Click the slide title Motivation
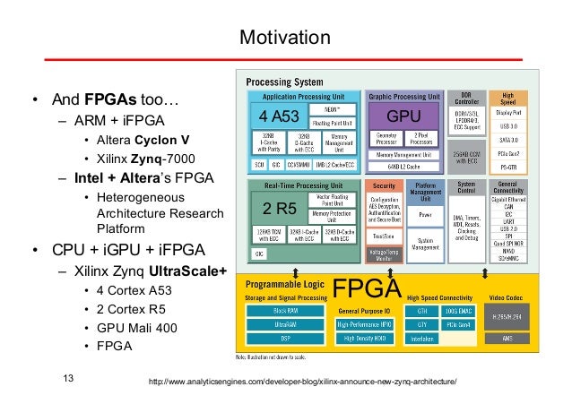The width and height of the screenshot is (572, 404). pos(285,39)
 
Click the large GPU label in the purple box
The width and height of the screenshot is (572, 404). pos(403,117)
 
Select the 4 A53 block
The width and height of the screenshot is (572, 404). pos(281,117)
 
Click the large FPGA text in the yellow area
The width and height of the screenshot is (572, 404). pos(366,288)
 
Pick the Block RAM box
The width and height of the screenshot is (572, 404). pos(284,311)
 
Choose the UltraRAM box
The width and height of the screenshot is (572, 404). pos(284,323)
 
